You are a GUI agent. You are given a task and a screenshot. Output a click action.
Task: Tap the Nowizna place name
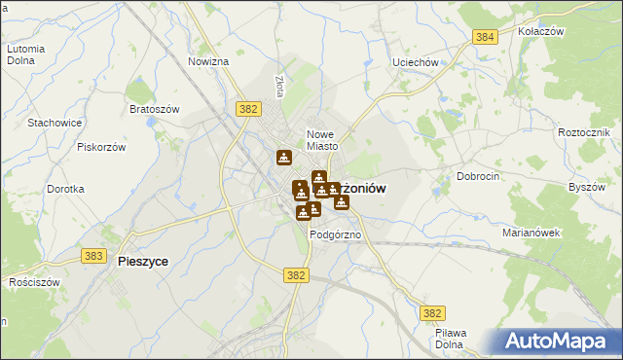208,61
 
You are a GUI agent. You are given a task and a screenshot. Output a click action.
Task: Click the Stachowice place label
55,123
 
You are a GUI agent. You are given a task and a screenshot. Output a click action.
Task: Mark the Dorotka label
65,189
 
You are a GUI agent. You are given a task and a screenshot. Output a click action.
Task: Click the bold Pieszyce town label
143,262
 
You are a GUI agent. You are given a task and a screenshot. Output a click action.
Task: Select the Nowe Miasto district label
321,140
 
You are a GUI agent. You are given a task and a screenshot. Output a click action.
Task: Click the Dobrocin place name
478,177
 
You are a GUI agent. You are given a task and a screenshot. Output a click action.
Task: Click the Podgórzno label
336,235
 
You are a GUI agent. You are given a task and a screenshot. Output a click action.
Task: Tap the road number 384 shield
486,37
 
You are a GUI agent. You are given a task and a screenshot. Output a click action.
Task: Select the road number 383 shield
93,255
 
